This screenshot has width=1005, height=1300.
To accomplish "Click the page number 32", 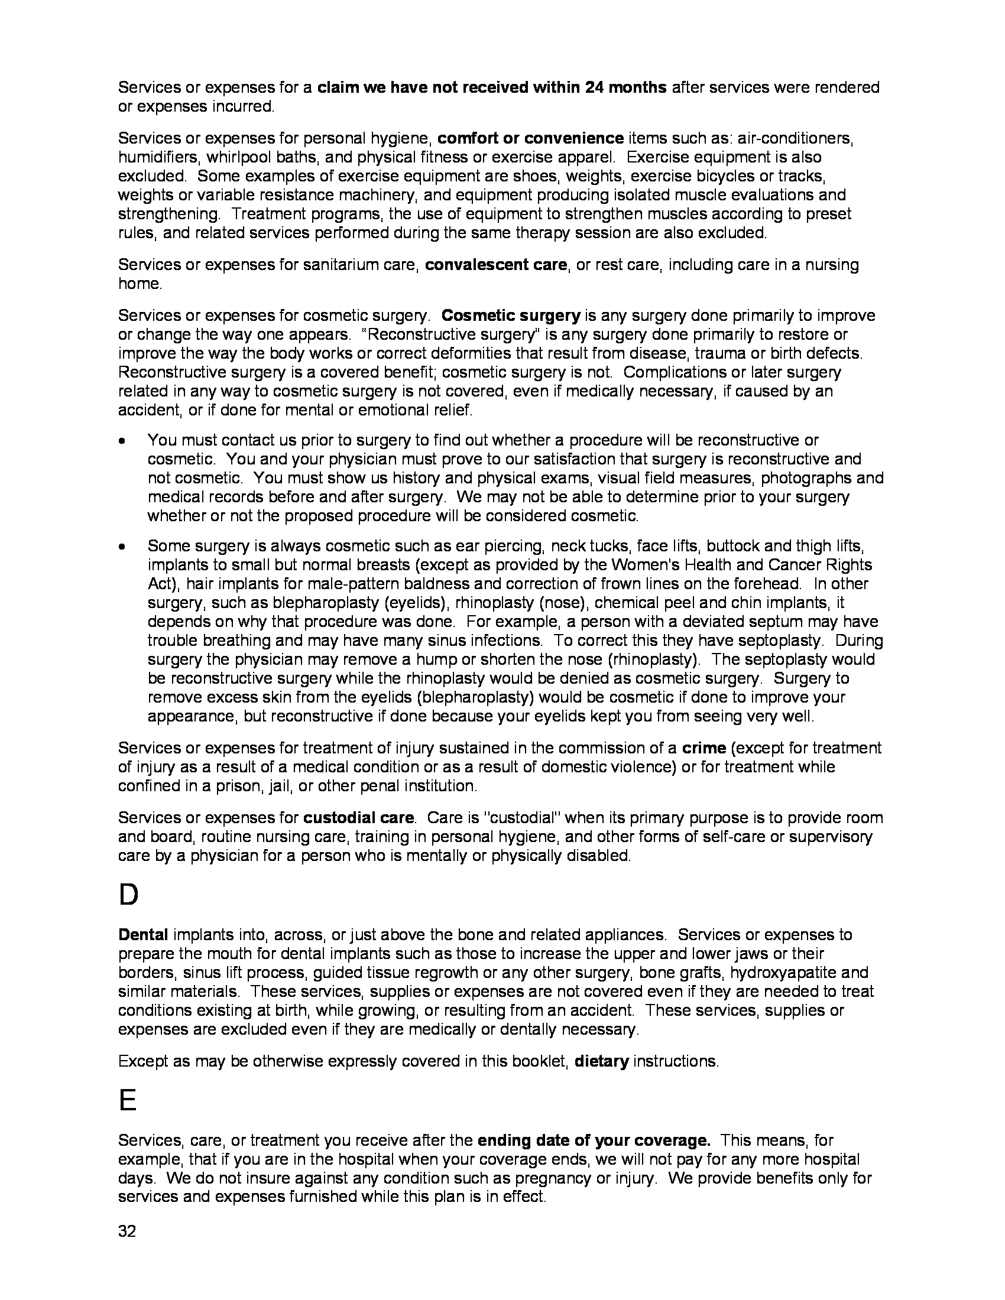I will click(x=128, y=1231).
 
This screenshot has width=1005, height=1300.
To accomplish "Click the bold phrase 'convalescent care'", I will click(x=496, y=265).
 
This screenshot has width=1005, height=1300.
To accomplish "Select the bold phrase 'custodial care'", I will click(x=358, y=818).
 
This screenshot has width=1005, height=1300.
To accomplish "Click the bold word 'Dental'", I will click(x=144, y=935).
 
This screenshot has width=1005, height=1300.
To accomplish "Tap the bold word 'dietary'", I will click(x=601, y=1061).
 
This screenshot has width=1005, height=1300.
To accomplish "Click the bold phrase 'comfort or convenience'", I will click(x=530, y=138).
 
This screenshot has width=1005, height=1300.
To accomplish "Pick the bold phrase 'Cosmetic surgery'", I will click(x=512, y=316).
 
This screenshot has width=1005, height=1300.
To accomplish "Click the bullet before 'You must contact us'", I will click(x=122, y=441).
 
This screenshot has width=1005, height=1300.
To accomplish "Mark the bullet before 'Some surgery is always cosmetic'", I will click(x=122, y=547).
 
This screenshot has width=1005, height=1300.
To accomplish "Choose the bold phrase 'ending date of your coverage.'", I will click(x=594, y=1140).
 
